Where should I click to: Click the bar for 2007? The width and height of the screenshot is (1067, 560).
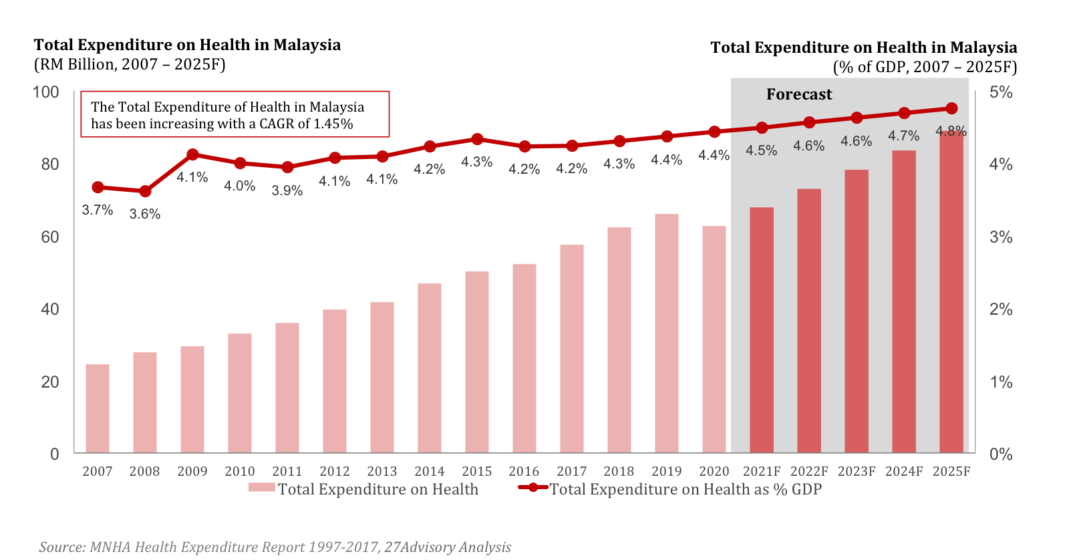(98, 408)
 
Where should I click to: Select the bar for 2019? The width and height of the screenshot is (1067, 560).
(667, 333)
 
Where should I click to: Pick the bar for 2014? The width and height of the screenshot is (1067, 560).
(430, 368)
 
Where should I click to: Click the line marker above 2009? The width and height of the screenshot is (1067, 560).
(192, 154)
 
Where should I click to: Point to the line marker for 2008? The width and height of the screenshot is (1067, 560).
(145, 191)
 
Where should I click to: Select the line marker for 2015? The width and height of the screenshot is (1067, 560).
(477, 139)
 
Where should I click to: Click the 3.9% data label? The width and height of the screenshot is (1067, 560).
(287, 190)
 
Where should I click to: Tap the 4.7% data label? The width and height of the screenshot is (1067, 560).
(903, 136)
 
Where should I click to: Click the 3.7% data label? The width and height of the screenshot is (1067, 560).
(98, 210)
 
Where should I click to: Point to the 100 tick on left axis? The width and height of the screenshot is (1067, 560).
(46, 92)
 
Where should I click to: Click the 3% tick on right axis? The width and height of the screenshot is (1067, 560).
(1001, 237)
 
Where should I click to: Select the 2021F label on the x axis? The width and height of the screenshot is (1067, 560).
(762, 471)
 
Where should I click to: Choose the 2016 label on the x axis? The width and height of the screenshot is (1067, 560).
(524, 471)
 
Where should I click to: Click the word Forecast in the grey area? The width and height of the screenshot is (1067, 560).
(799, 94)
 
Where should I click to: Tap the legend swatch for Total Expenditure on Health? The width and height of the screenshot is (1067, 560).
(261, 488)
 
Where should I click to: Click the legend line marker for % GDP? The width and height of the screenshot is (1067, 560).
(533, 488)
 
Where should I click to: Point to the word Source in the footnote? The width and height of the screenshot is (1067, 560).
(61, 547)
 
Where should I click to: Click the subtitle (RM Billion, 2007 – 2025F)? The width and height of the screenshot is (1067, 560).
(130, 64)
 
